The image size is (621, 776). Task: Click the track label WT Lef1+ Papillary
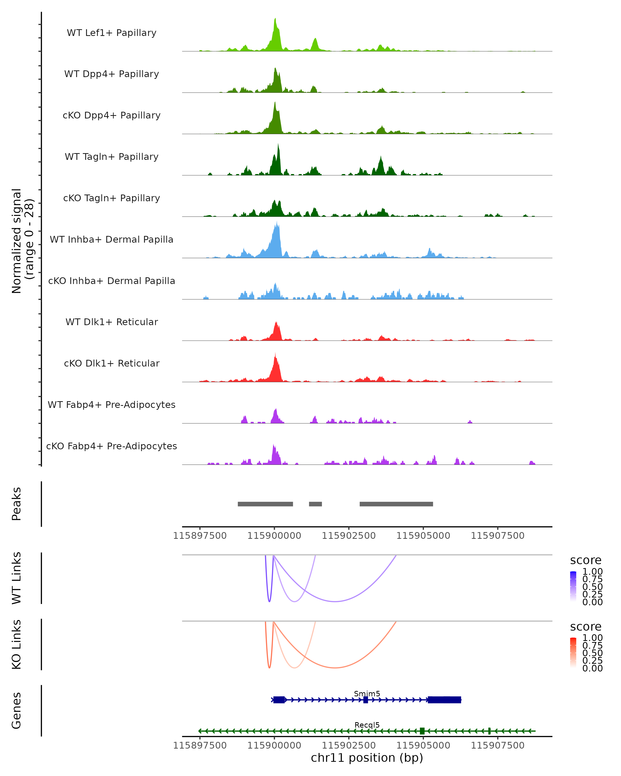click(x=112, y=33)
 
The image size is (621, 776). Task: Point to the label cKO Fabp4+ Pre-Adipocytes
click(x=112, y=446)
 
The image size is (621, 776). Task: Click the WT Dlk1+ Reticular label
click(x=112, y=322)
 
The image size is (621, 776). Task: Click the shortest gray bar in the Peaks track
click(x=315, y=504)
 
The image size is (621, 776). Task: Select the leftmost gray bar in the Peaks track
click(x=265, y=504)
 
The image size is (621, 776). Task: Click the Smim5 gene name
click(x=367, y=693)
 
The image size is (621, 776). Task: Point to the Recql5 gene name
click(x=367, y=725)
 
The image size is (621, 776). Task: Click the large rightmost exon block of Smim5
click(x=444, y=700)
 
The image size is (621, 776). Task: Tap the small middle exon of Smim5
click(x=366, y=700)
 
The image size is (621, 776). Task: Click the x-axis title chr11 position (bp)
click(x=367, y=758)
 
